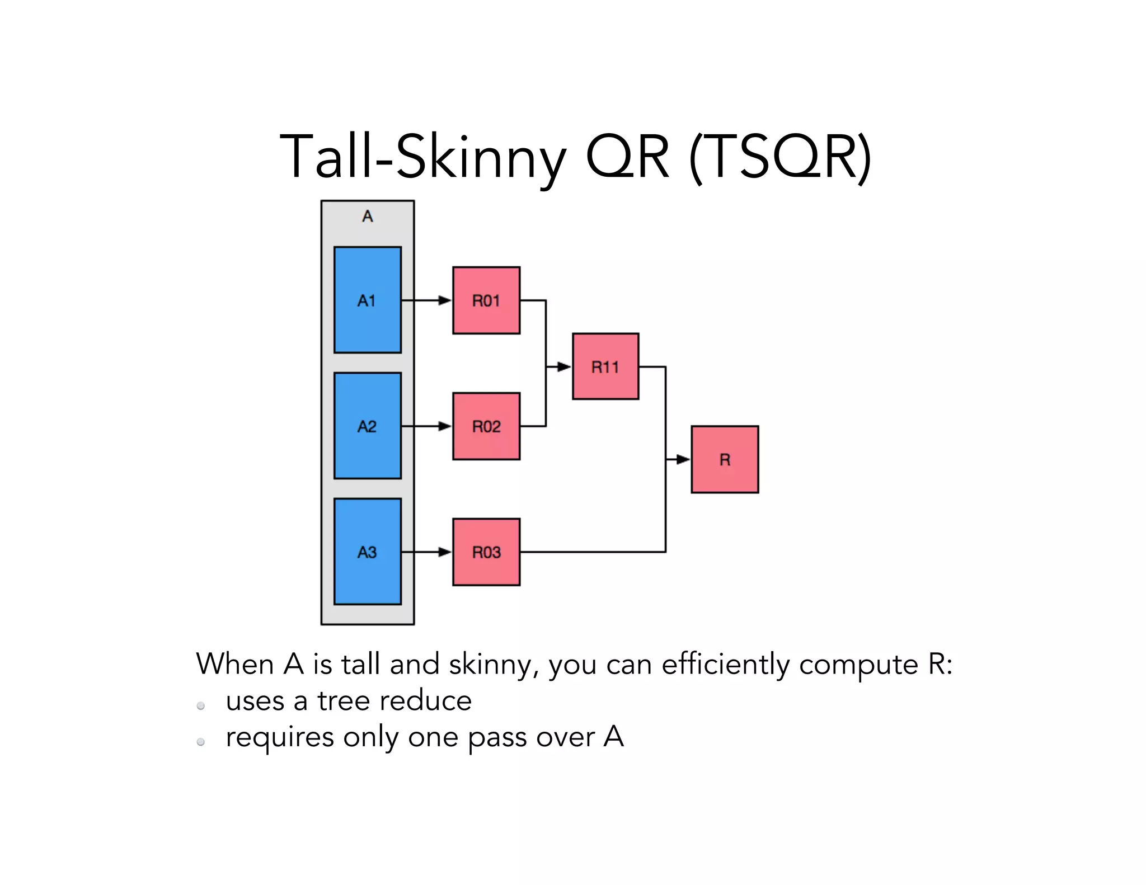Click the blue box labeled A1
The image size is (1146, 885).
click(x=367, y=300)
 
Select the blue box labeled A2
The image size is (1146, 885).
click(x=367, y=426)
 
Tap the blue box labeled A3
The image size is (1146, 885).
click(x=367, y=552)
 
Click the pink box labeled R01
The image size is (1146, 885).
click(x=486, y=300)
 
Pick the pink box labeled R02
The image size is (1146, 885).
click(x=486, y=426)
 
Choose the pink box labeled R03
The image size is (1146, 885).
click(x=486, y=552)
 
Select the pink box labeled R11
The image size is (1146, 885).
click(x=605, y=366)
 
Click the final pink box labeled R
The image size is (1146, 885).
click(x=725, y=459)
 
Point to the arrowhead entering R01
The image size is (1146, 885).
click(x=445, y=300)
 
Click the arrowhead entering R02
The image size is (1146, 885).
click(x=445, y=426)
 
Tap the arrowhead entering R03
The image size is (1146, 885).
click(x=445, y=552)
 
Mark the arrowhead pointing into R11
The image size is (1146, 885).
click(x=564, y=367)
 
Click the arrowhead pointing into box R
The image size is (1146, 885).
click(x=683, y=459)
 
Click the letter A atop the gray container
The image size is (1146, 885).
click(x=367, y=216)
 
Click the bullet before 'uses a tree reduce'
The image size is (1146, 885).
click(x=200, y=706)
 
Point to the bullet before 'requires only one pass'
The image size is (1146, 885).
click(x=200, y=742)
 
